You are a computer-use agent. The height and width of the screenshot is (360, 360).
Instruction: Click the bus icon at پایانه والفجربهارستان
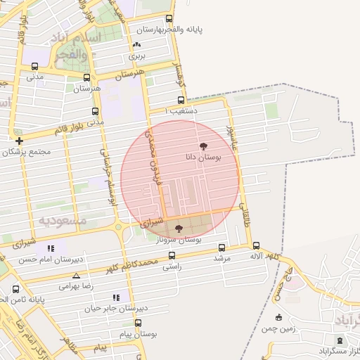click(168, 19)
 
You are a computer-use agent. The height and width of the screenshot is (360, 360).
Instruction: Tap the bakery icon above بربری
click(136, 44)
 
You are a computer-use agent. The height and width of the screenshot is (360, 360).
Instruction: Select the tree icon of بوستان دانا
click(204, 146)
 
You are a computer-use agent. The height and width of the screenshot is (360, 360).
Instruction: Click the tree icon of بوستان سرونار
click(179, 229)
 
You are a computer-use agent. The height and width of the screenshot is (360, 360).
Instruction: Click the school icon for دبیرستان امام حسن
click(50, 248)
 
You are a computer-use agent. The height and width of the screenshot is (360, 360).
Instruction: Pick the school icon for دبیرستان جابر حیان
click(115, 297)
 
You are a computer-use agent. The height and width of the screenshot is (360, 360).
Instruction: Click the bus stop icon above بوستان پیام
click(138, 323)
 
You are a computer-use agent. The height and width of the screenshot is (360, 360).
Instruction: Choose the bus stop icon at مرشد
click(222, 247)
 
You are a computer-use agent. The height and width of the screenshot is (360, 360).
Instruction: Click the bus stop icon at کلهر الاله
click(256, 246)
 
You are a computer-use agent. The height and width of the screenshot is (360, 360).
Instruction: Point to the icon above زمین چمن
click(278, 317)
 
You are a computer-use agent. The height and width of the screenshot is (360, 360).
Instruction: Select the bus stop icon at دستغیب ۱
click(181, 100)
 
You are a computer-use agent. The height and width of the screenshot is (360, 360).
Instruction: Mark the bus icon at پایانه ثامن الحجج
click(16, 288)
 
